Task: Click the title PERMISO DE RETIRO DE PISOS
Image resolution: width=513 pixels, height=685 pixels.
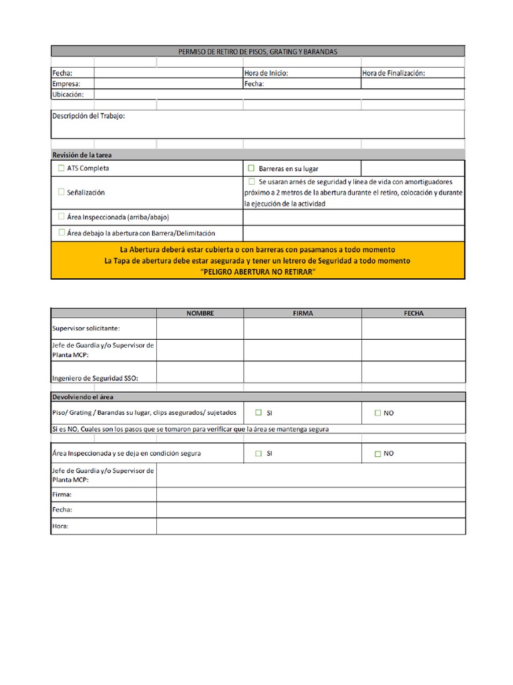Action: click(258, 52)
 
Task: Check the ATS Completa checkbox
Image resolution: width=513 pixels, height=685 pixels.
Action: click(62, 169)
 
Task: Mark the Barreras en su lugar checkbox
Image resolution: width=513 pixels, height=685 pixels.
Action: click(252, 169)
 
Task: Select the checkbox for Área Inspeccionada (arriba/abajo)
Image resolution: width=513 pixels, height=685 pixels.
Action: click(62, 217)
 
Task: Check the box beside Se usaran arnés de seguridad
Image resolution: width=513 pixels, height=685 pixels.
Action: click(252, 181)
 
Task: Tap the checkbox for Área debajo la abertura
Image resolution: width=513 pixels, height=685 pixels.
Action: click(62, 233)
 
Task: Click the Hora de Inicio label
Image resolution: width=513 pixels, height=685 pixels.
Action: click(266, 74)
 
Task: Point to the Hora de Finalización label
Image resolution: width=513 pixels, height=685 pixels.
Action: click(393, 74)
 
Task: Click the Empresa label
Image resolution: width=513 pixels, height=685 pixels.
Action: click(66, 84)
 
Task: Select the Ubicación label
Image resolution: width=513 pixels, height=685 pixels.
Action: click(67, 95)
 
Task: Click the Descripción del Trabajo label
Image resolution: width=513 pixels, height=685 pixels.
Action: click(88, 116)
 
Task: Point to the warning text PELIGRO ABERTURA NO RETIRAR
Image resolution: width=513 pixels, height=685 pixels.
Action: click(258, 272)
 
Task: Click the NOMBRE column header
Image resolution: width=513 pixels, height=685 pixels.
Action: click(200, 313)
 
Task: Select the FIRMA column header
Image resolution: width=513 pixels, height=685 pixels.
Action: click(303, 313)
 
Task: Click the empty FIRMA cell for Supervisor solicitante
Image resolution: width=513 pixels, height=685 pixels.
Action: click(303, 328)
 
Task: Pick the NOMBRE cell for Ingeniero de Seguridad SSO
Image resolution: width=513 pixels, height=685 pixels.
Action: click(200, 373)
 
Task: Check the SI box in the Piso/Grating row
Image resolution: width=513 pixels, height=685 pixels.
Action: click(258, 413)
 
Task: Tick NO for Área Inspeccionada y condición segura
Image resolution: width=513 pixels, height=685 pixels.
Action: click(377, 454)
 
